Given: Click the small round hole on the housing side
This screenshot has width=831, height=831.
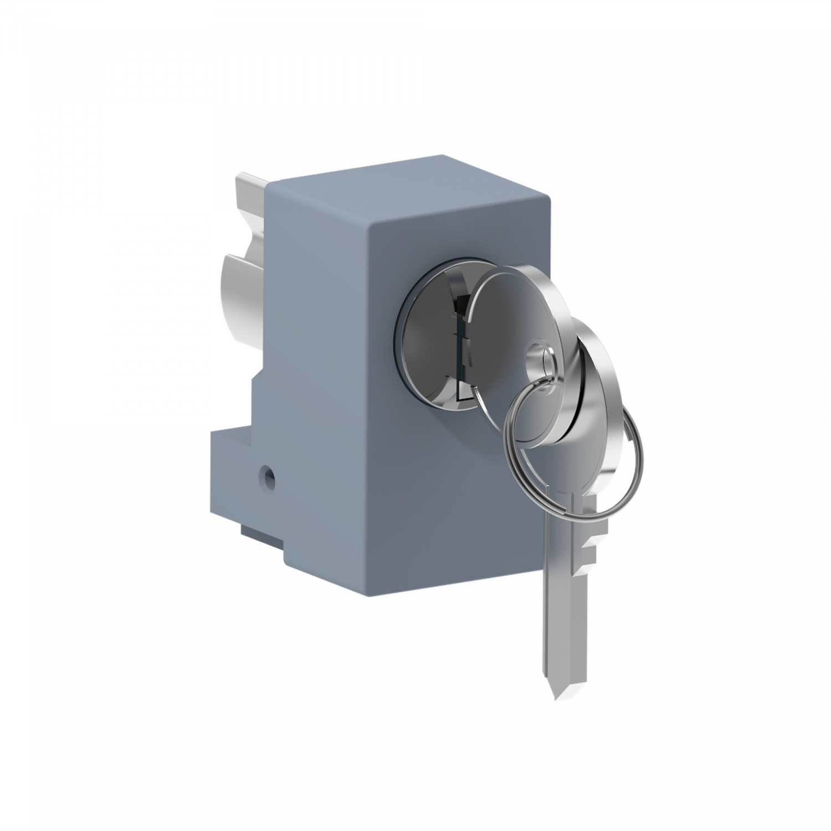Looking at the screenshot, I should click(x=269, y=475).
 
